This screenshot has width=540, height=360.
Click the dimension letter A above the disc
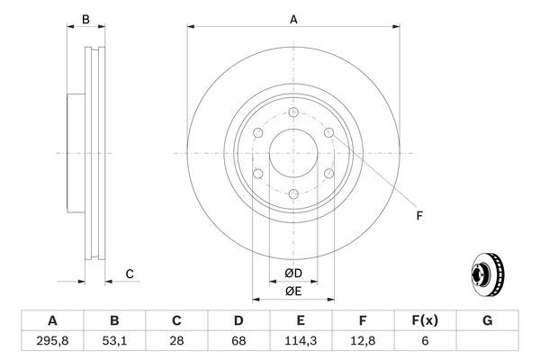tap(292, 19)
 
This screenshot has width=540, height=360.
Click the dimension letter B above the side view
tap(85, 19)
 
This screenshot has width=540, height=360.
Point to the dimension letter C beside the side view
tap(129, 274)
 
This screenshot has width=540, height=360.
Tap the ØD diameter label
tap(292, 273)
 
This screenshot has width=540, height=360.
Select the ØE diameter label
tap(292, 291)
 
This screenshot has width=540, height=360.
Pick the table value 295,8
tap(52, 340)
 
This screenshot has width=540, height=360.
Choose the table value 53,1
tap(114, 340)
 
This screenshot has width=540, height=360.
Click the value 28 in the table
tap(176, 340)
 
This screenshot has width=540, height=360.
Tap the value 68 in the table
tap(238, 340)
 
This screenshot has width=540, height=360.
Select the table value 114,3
tap(301, 340)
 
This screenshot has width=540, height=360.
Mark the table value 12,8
tap(363, 340)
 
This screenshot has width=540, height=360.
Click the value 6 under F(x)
tap(425, 340)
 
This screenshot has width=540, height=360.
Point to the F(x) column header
tap(425, 320)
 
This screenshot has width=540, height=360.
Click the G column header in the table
tap(487, 320)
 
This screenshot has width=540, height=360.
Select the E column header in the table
tap(301, 320)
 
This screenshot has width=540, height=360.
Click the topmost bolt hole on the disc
tap(292, 112)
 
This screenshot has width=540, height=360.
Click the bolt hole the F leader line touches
tap(328, 133)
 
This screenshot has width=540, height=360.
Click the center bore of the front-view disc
tap(292, 153)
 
